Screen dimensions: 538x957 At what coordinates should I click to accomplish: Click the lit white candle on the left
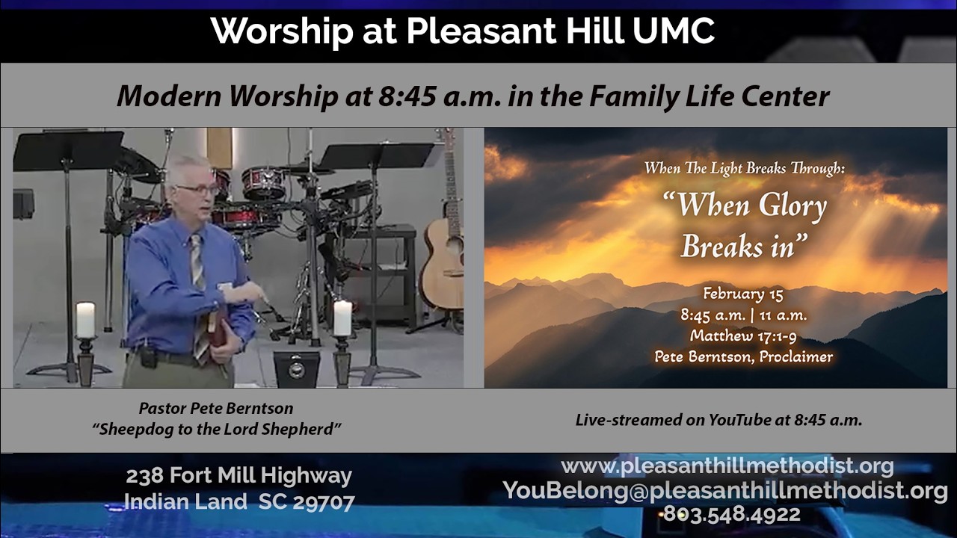[85, 320]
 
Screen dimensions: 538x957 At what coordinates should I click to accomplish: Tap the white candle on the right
[342, 318]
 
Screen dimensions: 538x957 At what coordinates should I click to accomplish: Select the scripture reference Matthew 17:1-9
[743, 336]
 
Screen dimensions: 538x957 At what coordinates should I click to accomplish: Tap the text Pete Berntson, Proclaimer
[743, 356]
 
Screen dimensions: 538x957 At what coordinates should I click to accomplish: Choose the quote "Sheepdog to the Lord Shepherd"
[217, 429]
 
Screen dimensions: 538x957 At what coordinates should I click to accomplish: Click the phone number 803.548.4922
[731, 515]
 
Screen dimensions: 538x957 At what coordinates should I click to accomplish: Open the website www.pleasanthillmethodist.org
[727, 466]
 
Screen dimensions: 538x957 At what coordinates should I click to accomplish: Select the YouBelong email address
[725, 491]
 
